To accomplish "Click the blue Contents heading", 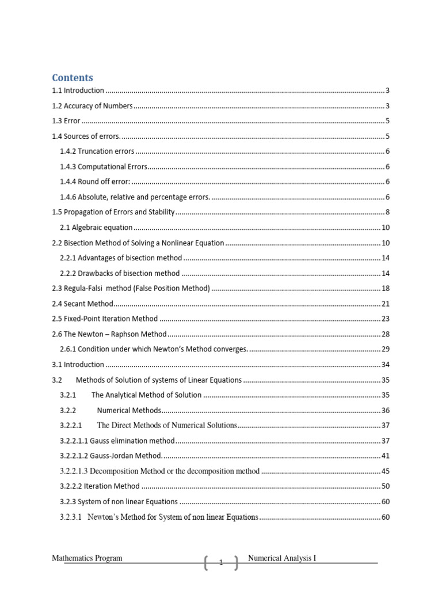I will point(73,77).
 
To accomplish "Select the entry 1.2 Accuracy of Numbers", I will point(92,106).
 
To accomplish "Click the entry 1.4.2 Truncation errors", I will point(97,151).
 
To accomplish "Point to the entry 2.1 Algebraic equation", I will point(96,228).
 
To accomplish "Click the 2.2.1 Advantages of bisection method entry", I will point(121,258).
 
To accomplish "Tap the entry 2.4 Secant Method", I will point(82,304).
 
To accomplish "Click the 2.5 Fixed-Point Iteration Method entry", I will point(104,319).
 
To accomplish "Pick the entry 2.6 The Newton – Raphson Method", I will point(109,334).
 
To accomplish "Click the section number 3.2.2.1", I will point(71,425).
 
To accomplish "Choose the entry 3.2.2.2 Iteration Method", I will point(100,486).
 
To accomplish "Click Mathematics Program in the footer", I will point(87,558).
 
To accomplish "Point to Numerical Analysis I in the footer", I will point(282,558).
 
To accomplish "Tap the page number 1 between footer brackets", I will point(220,563).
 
